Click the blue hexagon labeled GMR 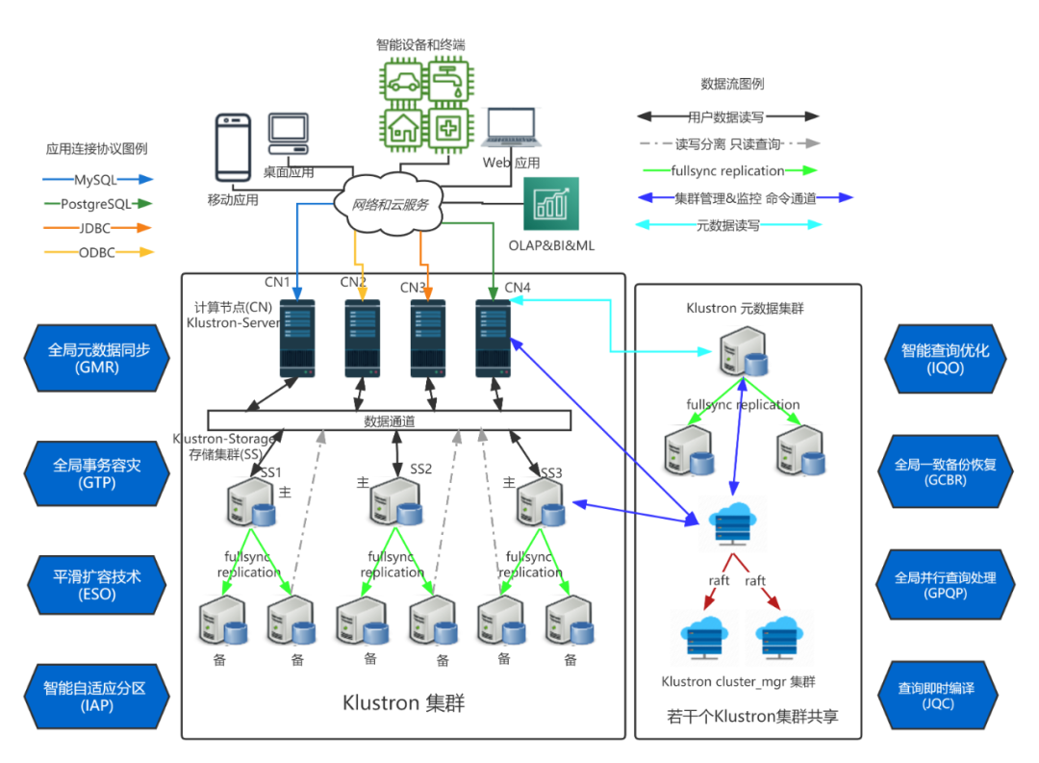coord(97,358)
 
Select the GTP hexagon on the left coord(97,473)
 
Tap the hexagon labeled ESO coord(97,585)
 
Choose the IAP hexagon coord(97,696)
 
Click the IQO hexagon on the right coord(945,359)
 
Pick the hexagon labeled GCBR coord(945,471)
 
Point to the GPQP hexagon coord(945,585)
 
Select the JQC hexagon coord(937,696)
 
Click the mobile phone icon coord(233,147)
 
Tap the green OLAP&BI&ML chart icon coord(551,204)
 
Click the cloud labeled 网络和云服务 coord(390,204)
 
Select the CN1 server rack coord(297,339)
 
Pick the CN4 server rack coord(493,339)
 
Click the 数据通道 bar coord(390,420)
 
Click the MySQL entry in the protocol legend coord(97,180)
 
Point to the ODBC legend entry coord(98,252)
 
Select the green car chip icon coord(403,82)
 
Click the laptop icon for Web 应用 coord(511,127)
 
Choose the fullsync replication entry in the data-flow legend coord(728,170)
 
